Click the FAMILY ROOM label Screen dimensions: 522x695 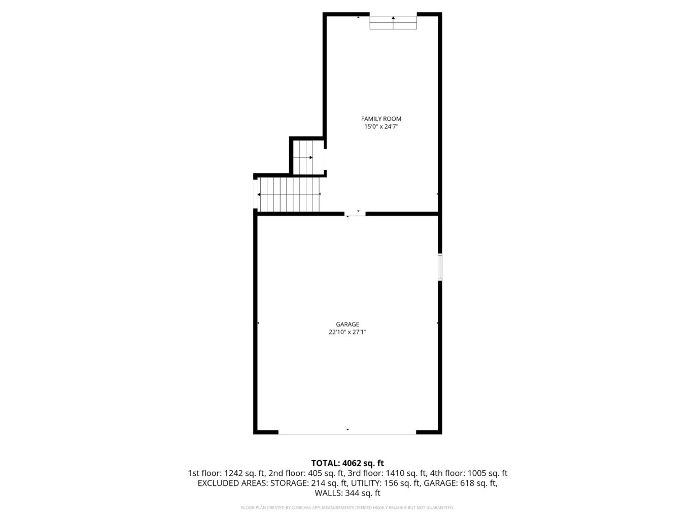381,119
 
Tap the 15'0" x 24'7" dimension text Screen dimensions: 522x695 381,127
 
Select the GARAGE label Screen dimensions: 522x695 347,324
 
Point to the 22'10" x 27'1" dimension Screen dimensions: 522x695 347,332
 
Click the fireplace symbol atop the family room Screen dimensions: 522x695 393,22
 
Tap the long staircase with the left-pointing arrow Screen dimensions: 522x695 290,194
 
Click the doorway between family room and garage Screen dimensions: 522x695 355,214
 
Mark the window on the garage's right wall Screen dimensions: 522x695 440,267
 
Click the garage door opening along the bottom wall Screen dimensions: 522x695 347,432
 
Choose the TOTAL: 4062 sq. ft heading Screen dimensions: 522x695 347,463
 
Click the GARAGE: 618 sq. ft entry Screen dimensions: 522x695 460,483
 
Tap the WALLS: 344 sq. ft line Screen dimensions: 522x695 347,493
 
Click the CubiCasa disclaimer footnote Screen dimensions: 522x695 347,508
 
